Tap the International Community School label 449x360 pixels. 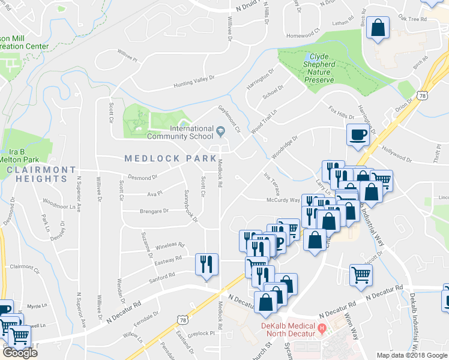pyautogui.click(x=191, y=133)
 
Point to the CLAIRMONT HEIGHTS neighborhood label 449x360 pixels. pyautogui.click(x=41, y=175)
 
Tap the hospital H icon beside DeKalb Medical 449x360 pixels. pyautogui.click(x=322, y=328)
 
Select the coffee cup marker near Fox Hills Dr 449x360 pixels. pyautogui.click(x=359, y=134)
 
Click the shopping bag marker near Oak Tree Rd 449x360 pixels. pyautogui.click(x=378, y=28)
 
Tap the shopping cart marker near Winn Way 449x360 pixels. pyautogui.click(x=361, y=275)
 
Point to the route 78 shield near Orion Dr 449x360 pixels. pyautogui.click(x=424, y=95)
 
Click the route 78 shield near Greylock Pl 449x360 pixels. pyautogui.click(x=182, y=322)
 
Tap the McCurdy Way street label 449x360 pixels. pyautogui.click(x=283, y=200)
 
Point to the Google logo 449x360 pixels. pyautogui.click(x=19, y=353)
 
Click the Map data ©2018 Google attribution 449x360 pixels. pyautogui.click(x=411, y=355)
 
